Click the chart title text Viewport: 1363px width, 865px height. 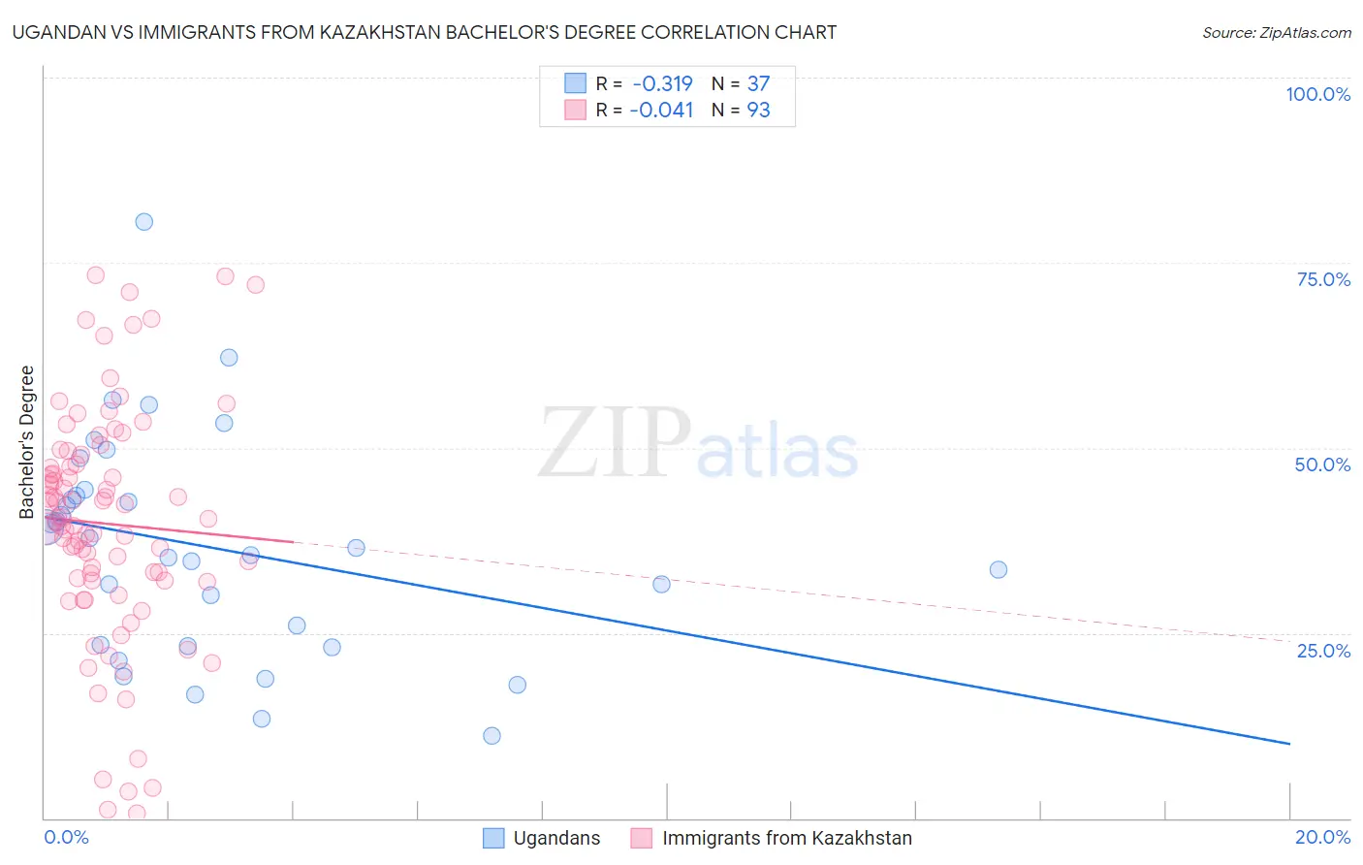[x=425, y=32]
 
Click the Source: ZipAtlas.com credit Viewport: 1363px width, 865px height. [x=1276, y=32]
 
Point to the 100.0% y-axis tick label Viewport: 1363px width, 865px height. [x=1317, y=94]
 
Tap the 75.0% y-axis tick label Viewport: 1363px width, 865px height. [x=1323, y=279]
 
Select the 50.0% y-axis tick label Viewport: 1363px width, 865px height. [x=1322, y=465]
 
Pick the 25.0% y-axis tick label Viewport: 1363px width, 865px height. [x=1323, y=650]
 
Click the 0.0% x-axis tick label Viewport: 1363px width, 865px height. [x=66, y=837]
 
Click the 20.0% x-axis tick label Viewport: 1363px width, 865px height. [x=1322, y=837]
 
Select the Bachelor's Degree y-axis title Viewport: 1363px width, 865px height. [x=27, y=442]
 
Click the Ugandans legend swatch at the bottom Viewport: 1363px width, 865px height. [x=493, y=838]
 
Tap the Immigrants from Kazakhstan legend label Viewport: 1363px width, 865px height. [x=786, y=838]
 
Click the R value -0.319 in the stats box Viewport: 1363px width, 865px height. [x=662, y=84]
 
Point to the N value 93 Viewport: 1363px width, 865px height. [x=758, y=111]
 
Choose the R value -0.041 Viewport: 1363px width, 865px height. [x=661, y=111]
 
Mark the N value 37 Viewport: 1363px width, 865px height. [x=758, y=84]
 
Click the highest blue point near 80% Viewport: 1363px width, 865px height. [x=143, y=221]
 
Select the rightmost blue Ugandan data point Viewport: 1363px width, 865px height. [x=998, y=569]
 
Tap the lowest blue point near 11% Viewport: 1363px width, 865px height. [x=491, y=735]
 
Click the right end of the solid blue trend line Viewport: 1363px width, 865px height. [x=1289, y=743]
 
